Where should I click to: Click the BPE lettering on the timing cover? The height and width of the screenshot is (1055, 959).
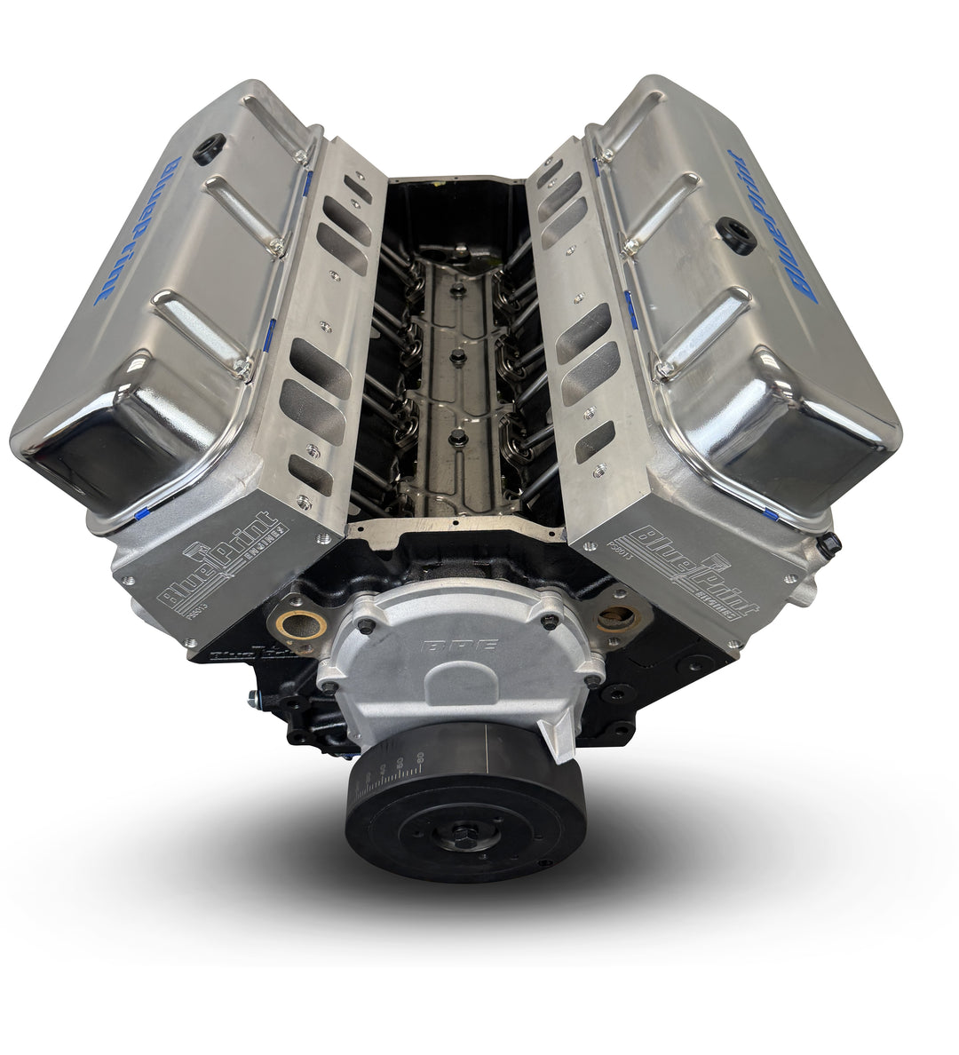pos(459,646)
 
